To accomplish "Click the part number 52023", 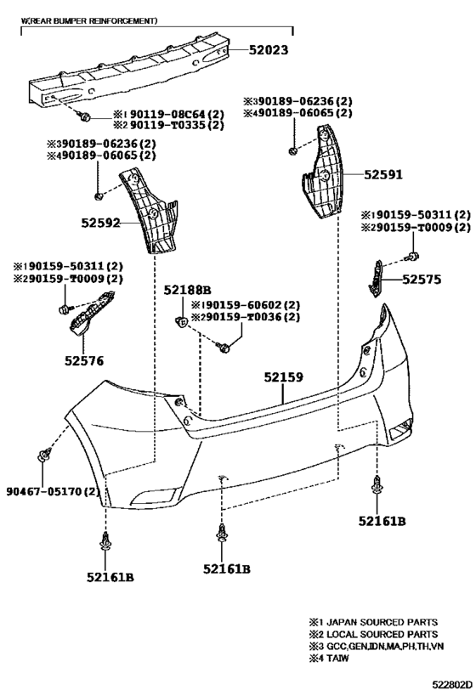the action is [269, 49].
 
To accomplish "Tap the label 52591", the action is [383, 174].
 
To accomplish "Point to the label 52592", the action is [101, 223].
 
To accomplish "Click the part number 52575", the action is [422, 280].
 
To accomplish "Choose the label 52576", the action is [84, 361].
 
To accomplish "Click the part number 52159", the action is [284, 377].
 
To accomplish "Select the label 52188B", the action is [187, 291].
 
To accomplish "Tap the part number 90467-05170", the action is [44, 491].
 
